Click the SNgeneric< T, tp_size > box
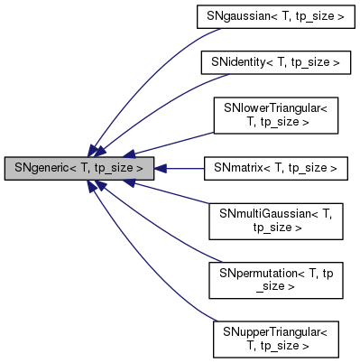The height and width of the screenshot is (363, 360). pos(78,168)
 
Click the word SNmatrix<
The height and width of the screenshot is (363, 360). pos(236,168)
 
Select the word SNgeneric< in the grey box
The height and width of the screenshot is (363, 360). pos(39,168)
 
